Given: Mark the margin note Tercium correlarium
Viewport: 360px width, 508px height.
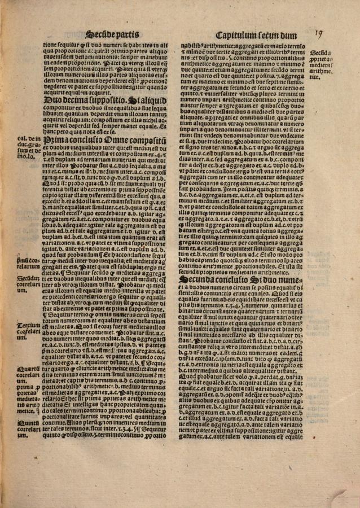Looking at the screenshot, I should [28, 329].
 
